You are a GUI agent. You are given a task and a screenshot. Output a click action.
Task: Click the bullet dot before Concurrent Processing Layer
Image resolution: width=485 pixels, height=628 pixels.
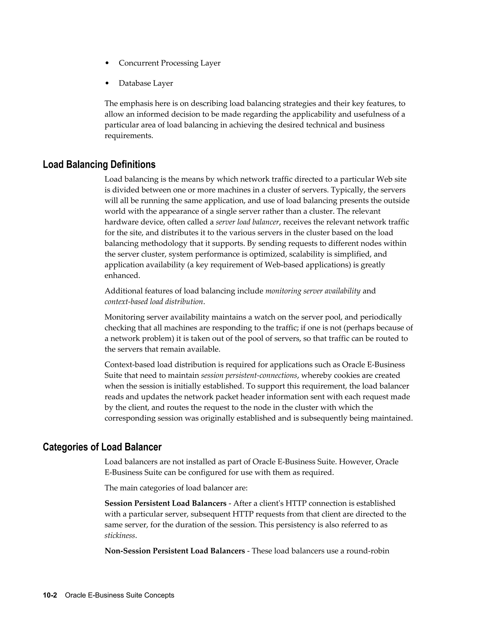pos(107,63)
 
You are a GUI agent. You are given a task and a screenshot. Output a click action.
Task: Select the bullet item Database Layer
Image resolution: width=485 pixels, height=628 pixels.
pos(146,83)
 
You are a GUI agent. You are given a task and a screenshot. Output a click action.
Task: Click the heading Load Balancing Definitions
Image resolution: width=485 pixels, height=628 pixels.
pos(99,164)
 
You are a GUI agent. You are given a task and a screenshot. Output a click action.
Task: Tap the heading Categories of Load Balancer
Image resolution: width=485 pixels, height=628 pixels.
pos(102,447)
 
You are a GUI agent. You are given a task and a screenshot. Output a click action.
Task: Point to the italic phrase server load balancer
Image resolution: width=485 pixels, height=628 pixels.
pos(247,222)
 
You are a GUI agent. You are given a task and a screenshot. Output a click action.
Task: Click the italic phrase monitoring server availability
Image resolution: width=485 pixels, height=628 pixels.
pos(313,291)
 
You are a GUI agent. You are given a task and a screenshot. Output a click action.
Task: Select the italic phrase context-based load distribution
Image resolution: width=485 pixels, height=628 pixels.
pos(154,302)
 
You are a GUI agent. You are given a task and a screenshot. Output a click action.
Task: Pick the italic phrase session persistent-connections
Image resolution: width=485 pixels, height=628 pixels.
pos(249,376)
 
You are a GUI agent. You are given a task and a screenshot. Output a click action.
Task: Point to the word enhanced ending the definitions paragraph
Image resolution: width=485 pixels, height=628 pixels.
pos(121,275)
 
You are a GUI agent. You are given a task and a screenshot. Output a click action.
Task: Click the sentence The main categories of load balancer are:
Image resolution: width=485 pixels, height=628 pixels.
pos(176,488)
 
